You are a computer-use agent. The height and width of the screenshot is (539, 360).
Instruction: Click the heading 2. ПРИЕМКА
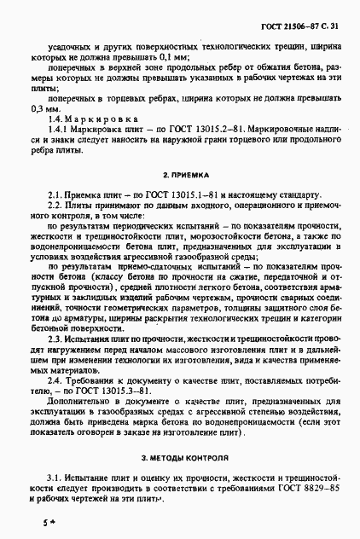coord(179,173)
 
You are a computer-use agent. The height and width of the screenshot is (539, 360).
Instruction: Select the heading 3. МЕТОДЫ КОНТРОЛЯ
coord(179,458)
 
